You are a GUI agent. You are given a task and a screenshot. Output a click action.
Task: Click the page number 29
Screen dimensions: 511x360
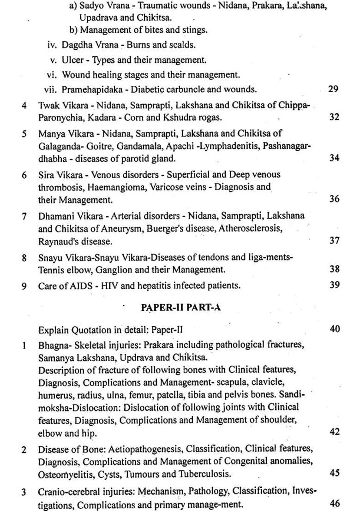coord(334,89)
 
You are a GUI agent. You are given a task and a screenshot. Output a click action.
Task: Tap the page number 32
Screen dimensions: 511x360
coord(334,117)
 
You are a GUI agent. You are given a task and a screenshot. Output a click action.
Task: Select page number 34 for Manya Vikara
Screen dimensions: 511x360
coord(334,158)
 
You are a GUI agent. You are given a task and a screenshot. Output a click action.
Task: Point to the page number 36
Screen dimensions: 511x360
coord(334,199)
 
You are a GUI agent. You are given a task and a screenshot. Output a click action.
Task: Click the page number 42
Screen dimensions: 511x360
coord(334,432)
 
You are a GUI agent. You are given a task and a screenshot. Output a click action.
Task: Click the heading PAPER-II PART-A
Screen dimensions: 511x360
coord(180,307)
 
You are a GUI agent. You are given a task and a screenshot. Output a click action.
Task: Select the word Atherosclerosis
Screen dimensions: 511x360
coord(250,228)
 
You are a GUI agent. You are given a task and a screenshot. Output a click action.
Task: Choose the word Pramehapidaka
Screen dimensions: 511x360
coord(90,89)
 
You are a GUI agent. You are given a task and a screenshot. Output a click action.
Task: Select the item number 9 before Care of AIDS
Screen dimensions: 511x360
coord(24,285)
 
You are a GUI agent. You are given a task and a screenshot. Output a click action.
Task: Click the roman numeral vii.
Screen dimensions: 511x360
coord(51,89)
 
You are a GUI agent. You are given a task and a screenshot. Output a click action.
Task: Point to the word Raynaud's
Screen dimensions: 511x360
coord(56,241)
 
